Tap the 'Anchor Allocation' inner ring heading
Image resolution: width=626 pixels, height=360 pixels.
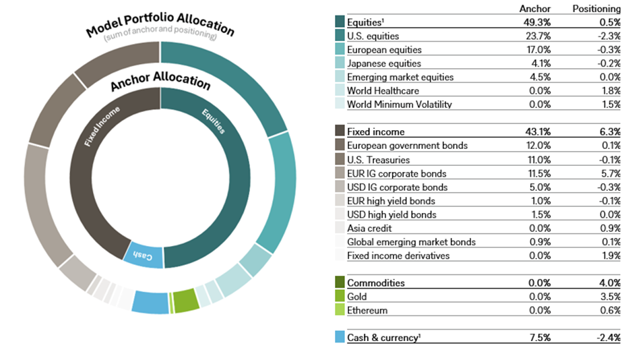pos(160,82)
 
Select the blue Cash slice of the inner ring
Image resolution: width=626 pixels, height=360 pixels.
pos(144,256)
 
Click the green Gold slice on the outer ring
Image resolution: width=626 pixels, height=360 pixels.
pos(185,301)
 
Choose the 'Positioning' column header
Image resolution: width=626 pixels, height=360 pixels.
pos(596,9)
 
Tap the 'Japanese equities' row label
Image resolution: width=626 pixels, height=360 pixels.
pos(383,63)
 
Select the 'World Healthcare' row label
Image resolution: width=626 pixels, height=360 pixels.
pos(383,90)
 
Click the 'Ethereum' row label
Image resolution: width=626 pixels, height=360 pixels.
pos(368,310)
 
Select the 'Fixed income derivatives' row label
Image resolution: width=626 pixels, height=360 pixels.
pos(399,256)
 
